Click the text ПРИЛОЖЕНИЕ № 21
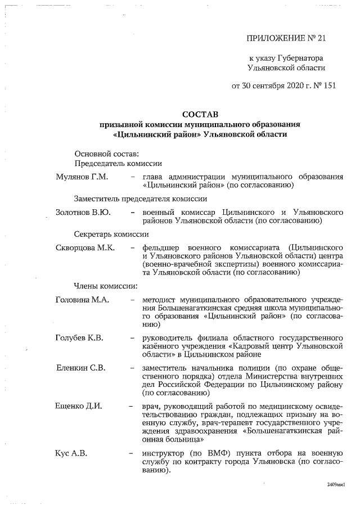286,38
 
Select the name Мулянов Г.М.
82,177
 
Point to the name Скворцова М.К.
85,247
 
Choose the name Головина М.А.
83,300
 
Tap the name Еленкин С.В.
81,368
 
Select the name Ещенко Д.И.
79,406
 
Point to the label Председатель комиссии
118,164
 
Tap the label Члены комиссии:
102,286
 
